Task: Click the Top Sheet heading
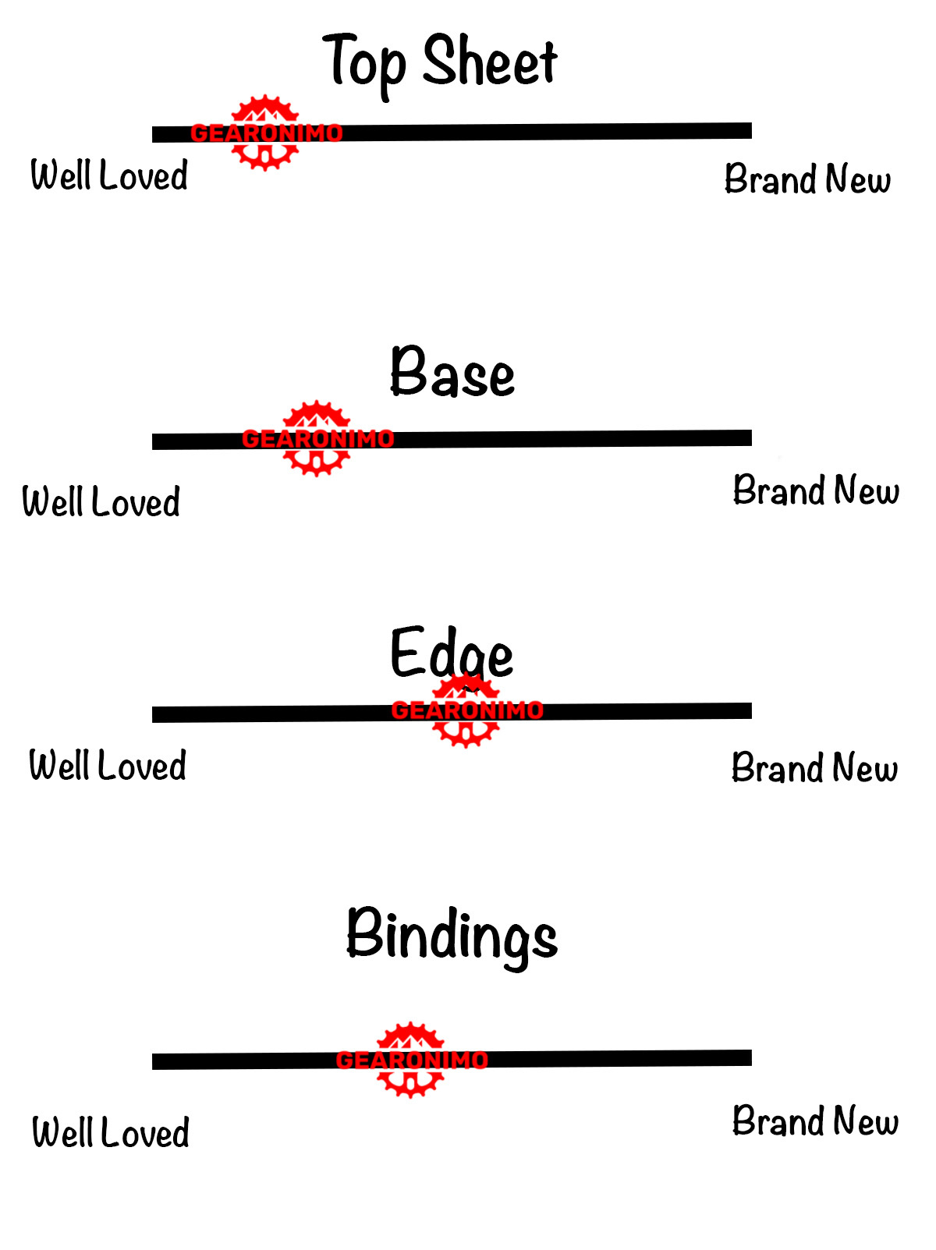point(440,62)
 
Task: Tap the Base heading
point(452,373)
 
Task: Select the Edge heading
point(451,653)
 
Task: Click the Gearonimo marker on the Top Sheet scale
point(266,133)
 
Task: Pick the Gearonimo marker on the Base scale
point(317,439)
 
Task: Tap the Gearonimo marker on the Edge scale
point(466,710)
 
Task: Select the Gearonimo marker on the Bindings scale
point(411,1060)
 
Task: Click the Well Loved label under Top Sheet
point(109,175)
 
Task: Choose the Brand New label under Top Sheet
point(807,179)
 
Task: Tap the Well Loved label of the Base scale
point(101,501)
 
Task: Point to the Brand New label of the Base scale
point(816,490)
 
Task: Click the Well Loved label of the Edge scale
point(108,765)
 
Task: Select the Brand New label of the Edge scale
point(814,768)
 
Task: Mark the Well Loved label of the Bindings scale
point(111,1132)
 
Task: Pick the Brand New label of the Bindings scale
point(815,1121)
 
